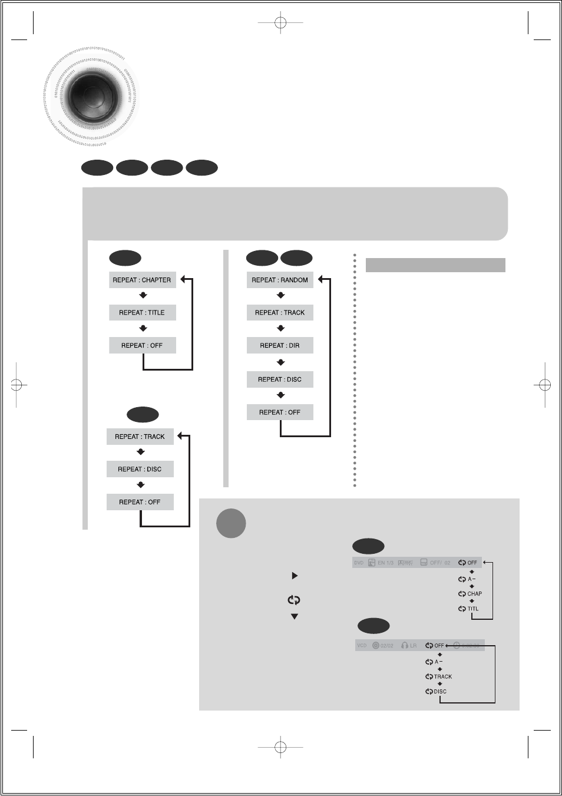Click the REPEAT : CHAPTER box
tap(142, 280)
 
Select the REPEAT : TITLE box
tap(142, 313)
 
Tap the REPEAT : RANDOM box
tap(280, 280)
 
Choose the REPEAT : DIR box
tap(280, 346)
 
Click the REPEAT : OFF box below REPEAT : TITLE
tap(142, 346)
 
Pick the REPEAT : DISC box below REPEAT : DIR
tap(280, 379)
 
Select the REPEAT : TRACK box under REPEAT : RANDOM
tap(280, 313)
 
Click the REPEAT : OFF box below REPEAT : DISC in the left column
tap(140, 502)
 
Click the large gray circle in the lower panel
tap(231, 523)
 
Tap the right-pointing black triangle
tap(295, 576)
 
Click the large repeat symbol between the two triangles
tap(294, 600)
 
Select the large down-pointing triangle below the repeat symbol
tap(295, 617)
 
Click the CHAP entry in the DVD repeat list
tap(474, 594)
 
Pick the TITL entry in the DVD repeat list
tap(473, 609)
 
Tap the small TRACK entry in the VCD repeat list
tap(442, 677)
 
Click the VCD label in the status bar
tap(362, 646)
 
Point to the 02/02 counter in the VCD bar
tap(386, 646)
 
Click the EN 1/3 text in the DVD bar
tap(385, 563)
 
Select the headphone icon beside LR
tap(405, 646)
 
